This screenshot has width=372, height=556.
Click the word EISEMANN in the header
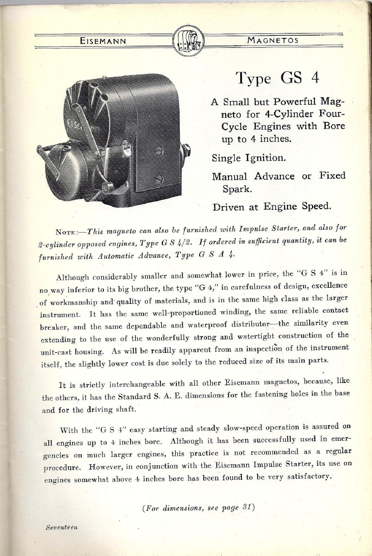103,40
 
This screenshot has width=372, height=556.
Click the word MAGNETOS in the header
272,40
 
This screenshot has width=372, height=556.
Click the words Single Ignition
249,158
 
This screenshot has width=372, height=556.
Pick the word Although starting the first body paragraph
77,277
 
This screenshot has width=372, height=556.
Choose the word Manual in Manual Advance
233,176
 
